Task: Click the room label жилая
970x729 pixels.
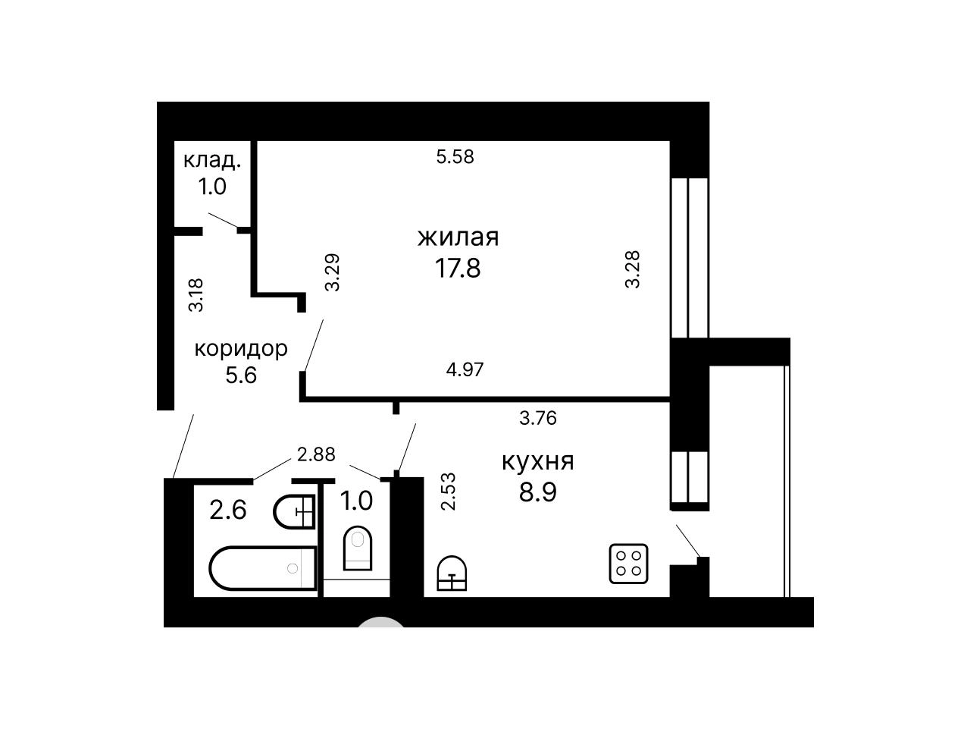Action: tap(458, 237)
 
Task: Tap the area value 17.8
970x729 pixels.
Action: tap(458, 268)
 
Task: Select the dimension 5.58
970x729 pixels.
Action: tap(455, 156)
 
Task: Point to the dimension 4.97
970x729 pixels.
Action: tap(465, 369)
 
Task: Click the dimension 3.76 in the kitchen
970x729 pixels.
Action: tap(538, 418)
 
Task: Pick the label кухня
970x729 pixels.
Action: tap(538, 462)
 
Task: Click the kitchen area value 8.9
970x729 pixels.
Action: tap(538, 492)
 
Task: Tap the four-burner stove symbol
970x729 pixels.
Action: tap(628, 564)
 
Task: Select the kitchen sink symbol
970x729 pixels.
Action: tap(452, 573)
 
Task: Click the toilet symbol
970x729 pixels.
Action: tap(358, 548)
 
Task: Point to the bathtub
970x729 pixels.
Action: tap(263, 568)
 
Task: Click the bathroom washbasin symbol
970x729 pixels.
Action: tap(294, 512)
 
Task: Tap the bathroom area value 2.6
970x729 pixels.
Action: tap(228, 510)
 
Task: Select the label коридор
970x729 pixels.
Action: tap(241, 349)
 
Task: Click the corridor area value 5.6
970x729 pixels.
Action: tap(241, 375)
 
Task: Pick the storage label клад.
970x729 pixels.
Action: tap(212, 161)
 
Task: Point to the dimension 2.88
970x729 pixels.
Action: tap(316, 454)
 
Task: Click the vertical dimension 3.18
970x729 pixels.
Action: tap(196, 295)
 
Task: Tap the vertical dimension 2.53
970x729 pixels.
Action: tap(449, 492)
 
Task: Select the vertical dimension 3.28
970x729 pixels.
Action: tap(632, 269)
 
